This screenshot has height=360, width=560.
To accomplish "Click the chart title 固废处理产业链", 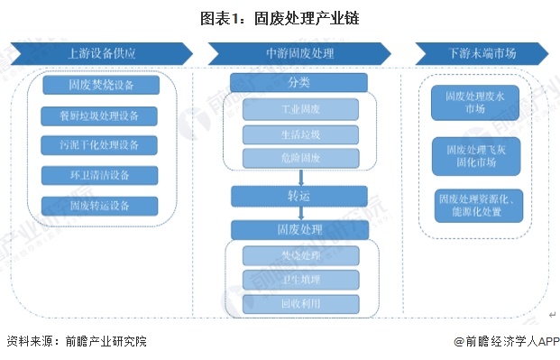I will (x=280, y=17).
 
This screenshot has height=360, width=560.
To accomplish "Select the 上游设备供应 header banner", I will (x=101, y=53).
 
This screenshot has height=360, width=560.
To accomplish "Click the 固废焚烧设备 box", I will (x=101, y=86).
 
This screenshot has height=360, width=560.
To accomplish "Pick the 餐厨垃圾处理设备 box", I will (x=101, y=115).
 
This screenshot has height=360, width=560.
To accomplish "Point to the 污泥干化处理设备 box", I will (x=101, y=145).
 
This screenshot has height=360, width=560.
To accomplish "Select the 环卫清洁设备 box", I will (x=101, y=175).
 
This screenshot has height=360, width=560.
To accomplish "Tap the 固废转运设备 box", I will (x=101, y=205).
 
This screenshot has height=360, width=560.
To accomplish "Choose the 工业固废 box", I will (x=299, y=110).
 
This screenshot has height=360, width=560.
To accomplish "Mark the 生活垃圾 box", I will (x=299, y=134).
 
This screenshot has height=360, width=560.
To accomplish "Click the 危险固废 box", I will (x=299, y=159).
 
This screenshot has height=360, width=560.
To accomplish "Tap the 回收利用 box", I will (x=299, y=304).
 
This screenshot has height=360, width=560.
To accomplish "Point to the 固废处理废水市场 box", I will (x=474, y=102).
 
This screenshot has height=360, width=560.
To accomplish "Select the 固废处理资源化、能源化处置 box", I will (x=474, y=204).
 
